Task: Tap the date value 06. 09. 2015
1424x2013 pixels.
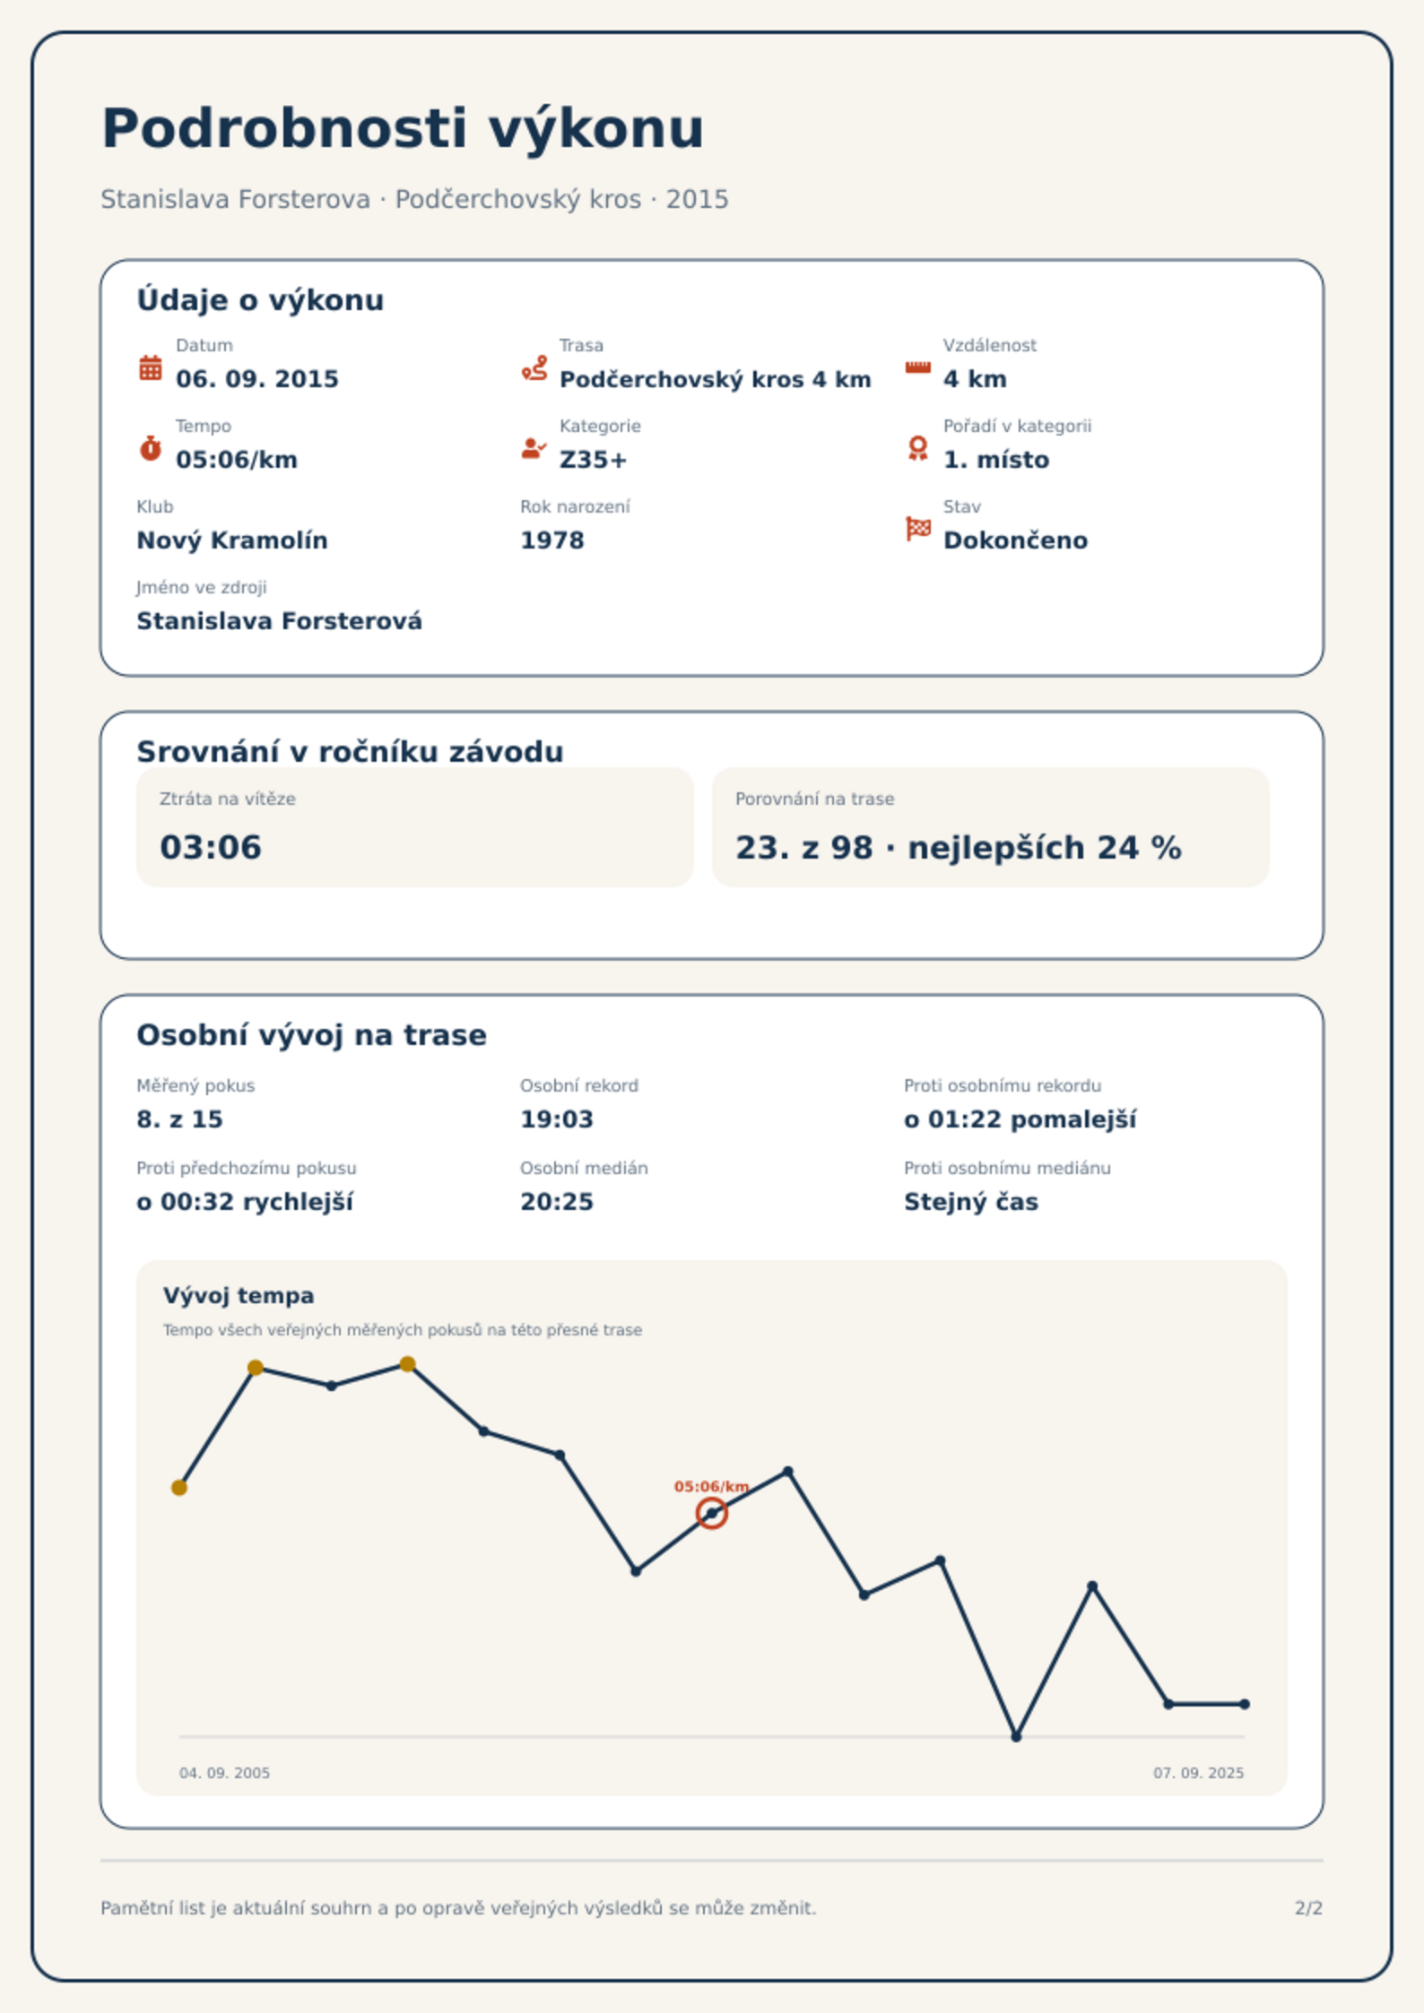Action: point(257,379)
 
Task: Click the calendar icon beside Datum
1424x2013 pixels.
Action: point(151,367)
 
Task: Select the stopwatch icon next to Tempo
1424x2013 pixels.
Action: point(151,448)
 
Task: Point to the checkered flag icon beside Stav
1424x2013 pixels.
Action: point(918,529)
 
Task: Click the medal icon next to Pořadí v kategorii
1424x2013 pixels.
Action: point(917,448)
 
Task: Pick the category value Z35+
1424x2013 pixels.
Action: point(593,460)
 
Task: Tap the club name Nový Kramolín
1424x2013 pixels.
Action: point(232,540)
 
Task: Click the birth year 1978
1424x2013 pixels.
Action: point(552,540)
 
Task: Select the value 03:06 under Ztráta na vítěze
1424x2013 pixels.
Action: point(211,847)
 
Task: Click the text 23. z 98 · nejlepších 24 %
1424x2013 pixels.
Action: point(959,848)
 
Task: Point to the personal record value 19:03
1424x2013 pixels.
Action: point(557,1119)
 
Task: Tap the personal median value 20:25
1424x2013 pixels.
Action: point(557,1202)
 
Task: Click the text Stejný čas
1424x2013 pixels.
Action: point(971,1202)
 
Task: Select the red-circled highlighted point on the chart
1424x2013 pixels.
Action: point(712,1513)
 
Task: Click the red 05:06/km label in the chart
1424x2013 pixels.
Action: point(712,1486)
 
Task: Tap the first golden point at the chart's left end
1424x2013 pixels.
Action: point(179,1488)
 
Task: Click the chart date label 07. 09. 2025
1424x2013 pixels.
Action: point(1198,1773)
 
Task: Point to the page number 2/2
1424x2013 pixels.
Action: point(1308,1908)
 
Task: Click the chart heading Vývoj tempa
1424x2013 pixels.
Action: point(239,1296)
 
